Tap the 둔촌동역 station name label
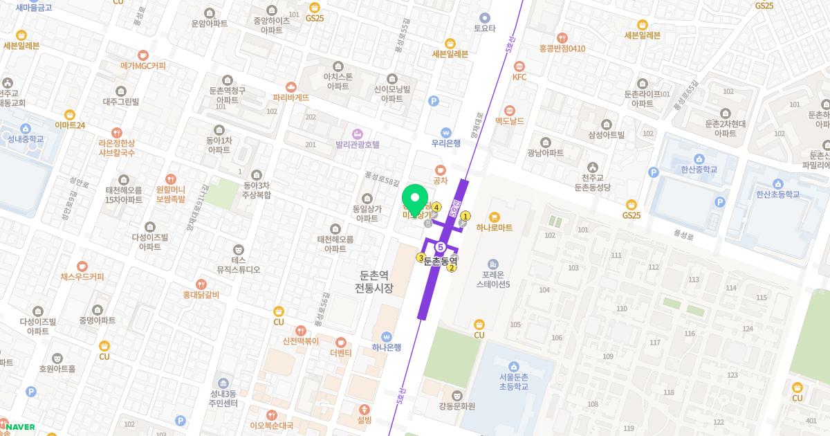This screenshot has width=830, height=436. point(441,260)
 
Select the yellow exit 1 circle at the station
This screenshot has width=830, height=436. point(465,216)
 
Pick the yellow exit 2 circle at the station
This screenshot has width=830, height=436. point(452,269)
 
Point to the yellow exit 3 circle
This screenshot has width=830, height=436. point(420,258)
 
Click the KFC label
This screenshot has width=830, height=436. point(519,77)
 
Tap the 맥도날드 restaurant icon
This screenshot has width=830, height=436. point(510,110)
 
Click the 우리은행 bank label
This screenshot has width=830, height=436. point(446,143)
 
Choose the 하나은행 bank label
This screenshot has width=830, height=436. point(387,347)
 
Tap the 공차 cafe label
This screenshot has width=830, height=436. point(441,181)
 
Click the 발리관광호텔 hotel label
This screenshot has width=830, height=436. point(358,145)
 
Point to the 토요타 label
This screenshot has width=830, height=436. point(485,28)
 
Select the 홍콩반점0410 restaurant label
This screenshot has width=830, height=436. point(562,48)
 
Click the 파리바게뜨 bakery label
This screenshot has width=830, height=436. point(291,98)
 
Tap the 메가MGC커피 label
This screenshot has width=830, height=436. point(143,66)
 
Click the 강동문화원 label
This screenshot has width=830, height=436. point(457,406)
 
